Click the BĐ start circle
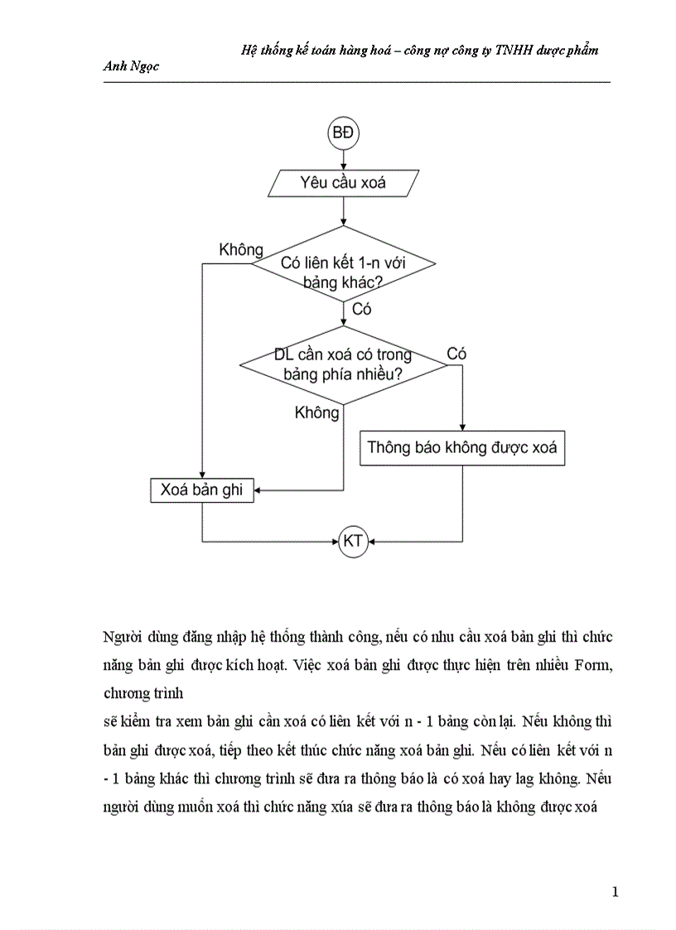coord(343,134)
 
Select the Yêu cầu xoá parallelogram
coord(343,182)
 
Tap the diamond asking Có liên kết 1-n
coord(343,264)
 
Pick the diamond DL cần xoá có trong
coord(343,364)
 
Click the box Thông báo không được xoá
coord(462,448)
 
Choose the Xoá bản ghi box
coord(201,490)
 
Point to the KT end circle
coord(353,542)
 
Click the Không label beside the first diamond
coord(241,249)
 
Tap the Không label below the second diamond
coord(316,412)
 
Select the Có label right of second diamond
coord(456,354)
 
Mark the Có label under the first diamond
coord(362,310)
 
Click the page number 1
coord(614,892)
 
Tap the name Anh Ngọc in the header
coord(130,67)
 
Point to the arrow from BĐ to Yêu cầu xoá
coord(343,159)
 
